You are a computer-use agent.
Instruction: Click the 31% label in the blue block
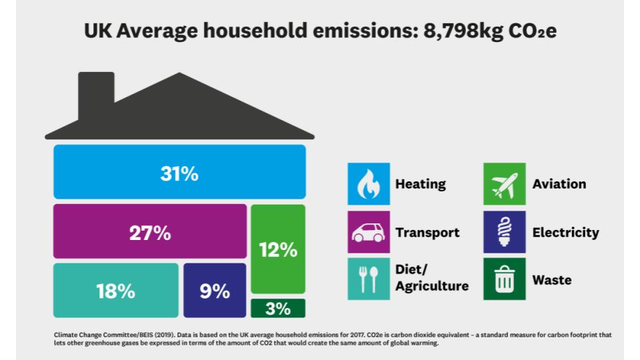click(x=179, y=174)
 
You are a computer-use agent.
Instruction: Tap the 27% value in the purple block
click(x=149, y=234)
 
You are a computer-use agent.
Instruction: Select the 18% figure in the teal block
click(x=115, y=291)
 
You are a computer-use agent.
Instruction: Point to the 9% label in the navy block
click(x=215, y=291)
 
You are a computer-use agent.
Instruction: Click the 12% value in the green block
click(x=277, y=250)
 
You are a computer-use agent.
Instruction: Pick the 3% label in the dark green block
click(x=277, y=309)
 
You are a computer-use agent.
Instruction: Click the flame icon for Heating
click(x=368, y=184)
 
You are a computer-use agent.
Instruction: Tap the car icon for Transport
click(x=368, y=233)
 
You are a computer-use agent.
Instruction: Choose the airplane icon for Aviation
click(x=504, y=184)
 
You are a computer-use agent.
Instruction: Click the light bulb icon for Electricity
click(x=504, y=233)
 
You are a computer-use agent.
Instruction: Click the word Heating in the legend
click(x=420, y=184)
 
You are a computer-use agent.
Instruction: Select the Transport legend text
click(x=427, y=233)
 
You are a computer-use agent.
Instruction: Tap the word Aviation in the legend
click(x=559, y=184)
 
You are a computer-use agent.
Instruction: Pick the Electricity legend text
click(x=565, y=233)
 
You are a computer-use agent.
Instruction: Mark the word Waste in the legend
click(x=551, y=280)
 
